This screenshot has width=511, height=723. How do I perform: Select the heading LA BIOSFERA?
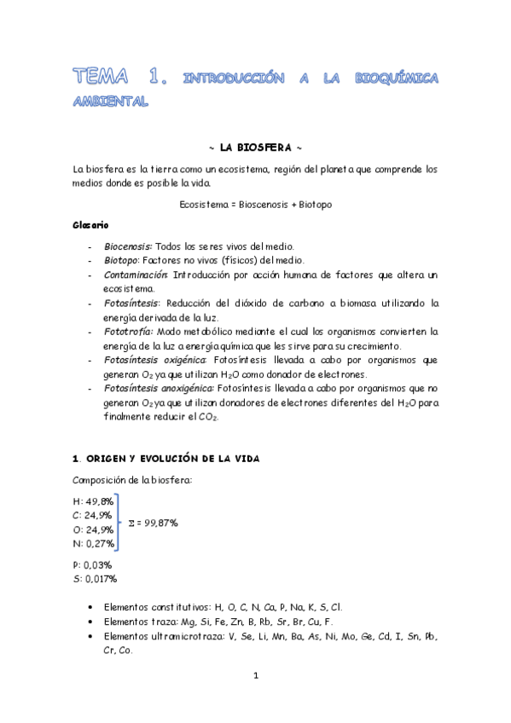pos(256,147)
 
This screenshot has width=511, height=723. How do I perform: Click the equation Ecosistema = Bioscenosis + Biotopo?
pos(256,205)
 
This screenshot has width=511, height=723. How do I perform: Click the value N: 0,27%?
pos(93,542)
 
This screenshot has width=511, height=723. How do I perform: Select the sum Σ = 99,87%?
pos(153,521)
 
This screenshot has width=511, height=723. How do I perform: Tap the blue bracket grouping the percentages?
pos(119,521)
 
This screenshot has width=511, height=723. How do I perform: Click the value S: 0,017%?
pos(95,579)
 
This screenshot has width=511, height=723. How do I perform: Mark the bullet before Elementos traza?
pos(90,622)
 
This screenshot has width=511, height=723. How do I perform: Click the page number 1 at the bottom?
pos(255,676)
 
